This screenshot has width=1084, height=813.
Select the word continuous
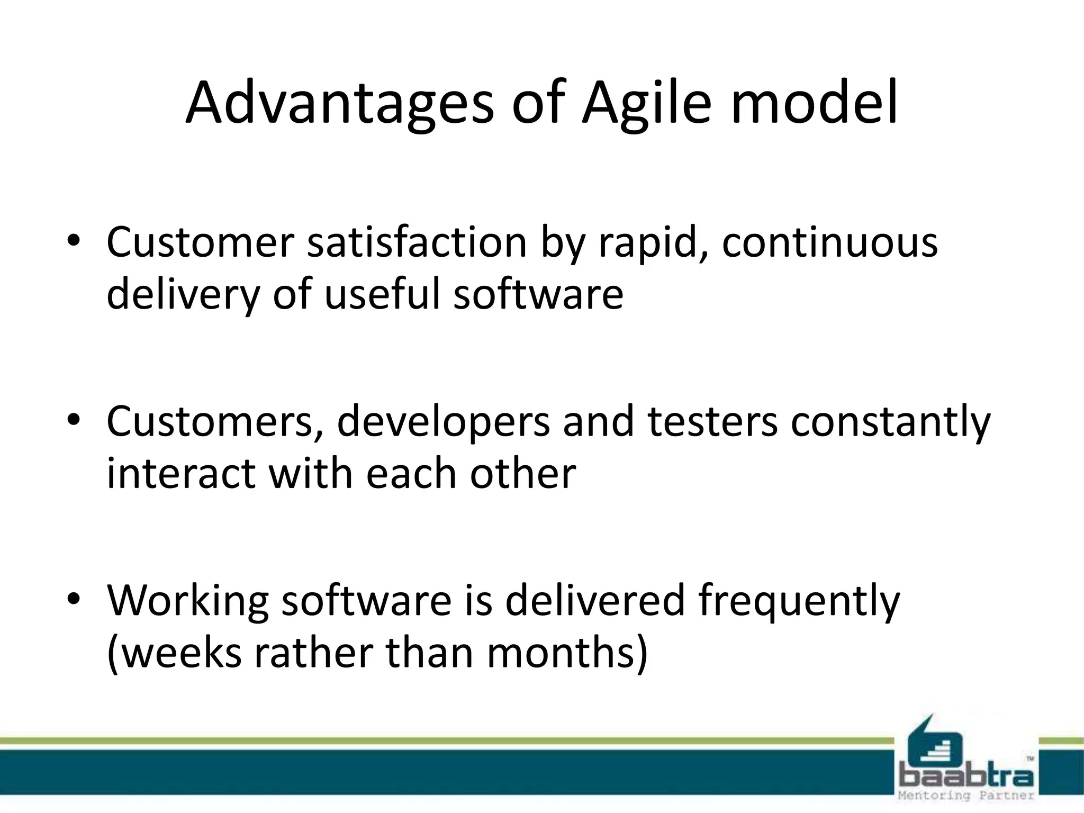pyautogui.click(x=829, y=242)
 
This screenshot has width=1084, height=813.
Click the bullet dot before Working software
pyautogui.click(x=74, y=599)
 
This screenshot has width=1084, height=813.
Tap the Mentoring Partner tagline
pyautogui.click(x=966, y=796)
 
